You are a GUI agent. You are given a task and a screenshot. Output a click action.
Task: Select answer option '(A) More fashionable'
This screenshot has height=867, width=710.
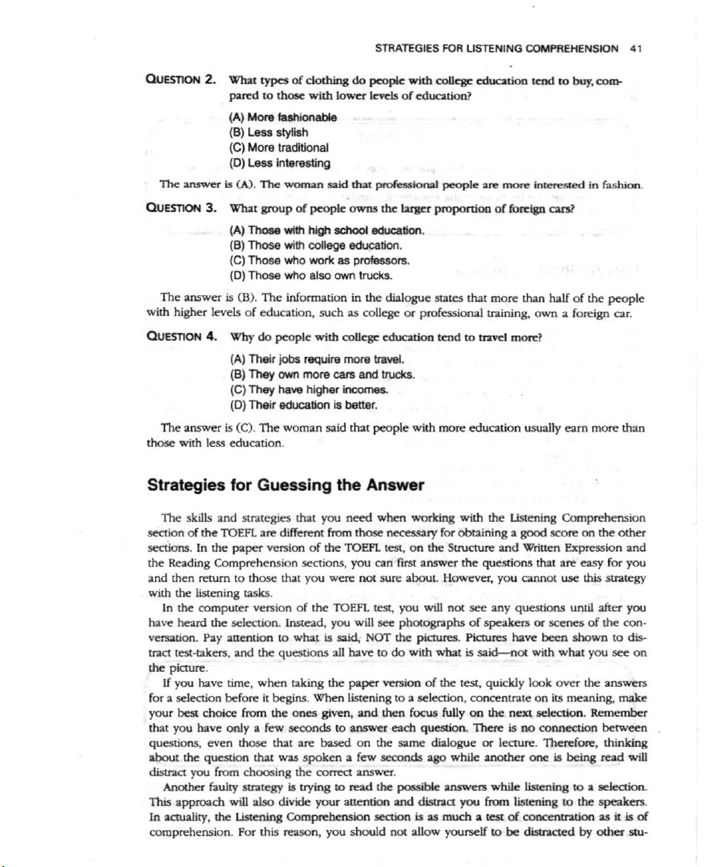coord(283,118)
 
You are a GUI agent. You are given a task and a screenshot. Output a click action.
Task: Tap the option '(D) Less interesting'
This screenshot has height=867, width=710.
coord(280,162)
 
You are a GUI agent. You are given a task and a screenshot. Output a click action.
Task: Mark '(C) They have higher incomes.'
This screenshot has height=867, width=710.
coord(307,389)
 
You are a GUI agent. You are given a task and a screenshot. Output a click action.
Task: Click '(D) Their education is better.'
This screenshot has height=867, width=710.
coord(302,404)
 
